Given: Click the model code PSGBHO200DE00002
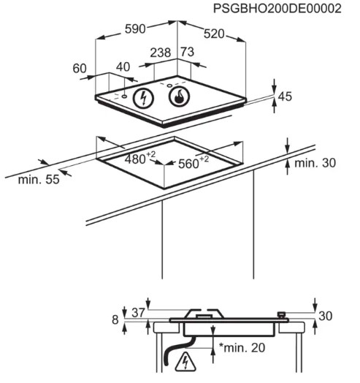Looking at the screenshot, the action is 277,9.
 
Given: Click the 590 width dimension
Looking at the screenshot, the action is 135,29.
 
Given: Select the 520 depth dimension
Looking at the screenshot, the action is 214,34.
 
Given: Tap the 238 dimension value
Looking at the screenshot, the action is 160,53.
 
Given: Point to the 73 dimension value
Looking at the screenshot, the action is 188,52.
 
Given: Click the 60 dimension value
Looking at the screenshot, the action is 80,69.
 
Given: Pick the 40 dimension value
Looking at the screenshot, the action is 123,67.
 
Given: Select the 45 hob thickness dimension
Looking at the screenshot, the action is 285,96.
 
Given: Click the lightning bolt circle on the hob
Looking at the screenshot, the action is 143,98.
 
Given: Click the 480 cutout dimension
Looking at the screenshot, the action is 140,159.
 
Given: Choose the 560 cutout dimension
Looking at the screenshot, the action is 194,162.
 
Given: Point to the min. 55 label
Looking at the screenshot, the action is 39,180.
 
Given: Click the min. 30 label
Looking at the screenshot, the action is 315,163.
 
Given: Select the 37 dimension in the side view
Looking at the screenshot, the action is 139,312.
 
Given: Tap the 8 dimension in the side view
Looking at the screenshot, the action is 115,319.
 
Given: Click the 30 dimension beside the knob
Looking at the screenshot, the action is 326,316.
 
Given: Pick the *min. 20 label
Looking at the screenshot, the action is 242,348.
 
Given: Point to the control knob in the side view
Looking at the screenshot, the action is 282,315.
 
